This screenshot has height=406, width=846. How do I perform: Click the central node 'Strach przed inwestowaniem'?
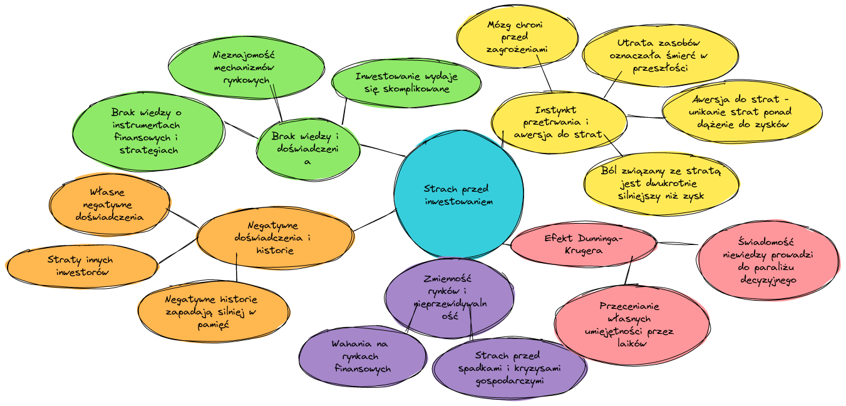click(458, 194)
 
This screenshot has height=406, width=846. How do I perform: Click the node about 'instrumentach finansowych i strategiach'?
click(148, 131)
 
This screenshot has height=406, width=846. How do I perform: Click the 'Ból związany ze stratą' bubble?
click(661, 182)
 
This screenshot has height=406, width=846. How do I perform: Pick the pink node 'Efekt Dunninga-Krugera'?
click(583, 244)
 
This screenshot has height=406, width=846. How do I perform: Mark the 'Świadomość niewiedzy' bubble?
click(767, 260)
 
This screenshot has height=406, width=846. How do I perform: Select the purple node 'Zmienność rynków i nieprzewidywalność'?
click(449, 297)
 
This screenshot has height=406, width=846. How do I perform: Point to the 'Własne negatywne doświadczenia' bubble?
click(109, 204)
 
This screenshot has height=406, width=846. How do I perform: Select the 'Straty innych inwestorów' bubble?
click(82, 266)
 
